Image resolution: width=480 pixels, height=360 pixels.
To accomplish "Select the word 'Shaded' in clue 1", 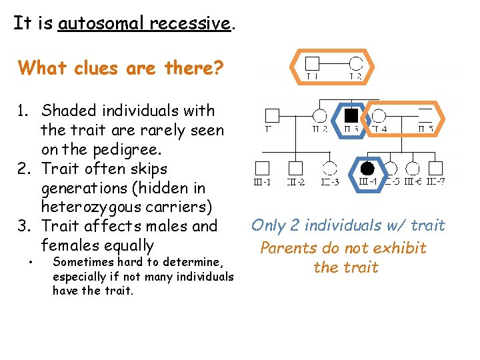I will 69,111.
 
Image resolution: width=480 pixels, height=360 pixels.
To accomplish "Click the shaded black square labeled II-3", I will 351,115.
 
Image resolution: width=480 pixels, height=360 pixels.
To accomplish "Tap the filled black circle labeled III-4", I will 367,167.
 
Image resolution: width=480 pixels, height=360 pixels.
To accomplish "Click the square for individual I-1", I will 312,64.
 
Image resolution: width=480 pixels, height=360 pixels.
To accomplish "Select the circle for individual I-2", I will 356,64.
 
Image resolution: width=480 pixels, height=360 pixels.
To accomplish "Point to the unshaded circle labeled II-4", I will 379,115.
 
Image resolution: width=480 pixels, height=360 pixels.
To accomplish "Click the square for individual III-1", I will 263,168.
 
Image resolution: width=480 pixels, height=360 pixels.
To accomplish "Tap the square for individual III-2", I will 295,168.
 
